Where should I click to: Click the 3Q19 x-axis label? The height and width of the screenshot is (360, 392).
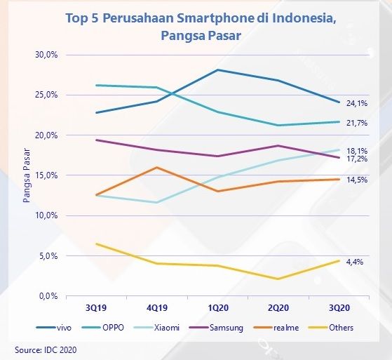tap(97, 307)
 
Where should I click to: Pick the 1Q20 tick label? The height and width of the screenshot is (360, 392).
tap(218, 307)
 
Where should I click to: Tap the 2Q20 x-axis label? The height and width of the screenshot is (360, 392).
tap(279, 307)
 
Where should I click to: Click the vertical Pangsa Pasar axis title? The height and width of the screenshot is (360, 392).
tap(27, 175)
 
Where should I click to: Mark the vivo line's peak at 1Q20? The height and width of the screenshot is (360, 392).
tap(218, 70)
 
